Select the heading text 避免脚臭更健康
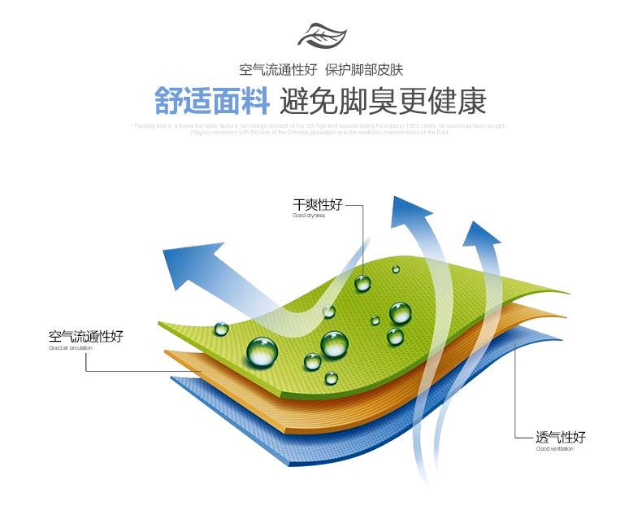382,101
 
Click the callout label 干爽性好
317,204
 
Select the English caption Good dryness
309,216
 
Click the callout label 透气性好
560,437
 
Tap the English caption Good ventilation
554,449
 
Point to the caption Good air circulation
71,348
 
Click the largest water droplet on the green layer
262,351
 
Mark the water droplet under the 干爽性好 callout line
362,282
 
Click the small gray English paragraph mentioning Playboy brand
320,129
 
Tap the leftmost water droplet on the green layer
221,329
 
